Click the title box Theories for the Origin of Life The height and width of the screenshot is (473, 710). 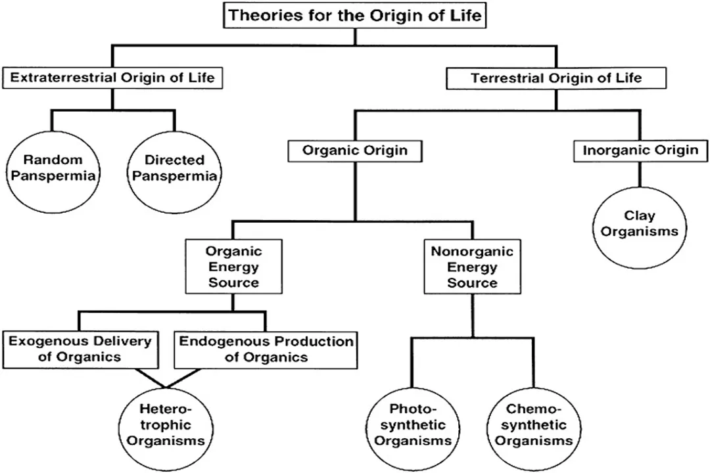(355, 16)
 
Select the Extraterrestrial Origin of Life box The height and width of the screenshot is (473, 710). (112, 78)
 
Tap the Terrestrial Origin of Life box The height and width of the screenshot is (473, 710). (556, 78)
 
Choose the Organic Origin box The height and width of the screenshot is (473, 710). (354, 150)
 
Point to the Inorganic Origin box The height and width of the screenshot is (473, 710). (640, 150)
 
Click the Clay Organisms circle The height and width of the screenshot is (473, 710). (640, 223)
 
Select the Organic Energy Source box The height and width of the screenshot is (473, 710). (233, 267)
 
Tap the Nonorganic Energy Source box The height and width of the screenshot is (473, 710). (472, 267)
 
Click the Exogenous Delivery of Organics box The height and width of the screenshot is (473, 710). (80, 349)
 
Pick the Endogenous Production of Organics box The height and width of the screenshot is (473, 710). (266, 349)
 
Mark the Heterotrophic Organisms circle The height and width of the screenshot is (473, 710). (166, 424)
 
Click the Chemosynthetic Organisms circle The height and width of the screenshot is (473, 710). (533, 424)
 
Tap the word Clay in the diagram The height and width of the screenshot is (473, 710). (640, 215)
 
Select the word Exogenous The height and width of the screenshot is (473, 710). (45, 341)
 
